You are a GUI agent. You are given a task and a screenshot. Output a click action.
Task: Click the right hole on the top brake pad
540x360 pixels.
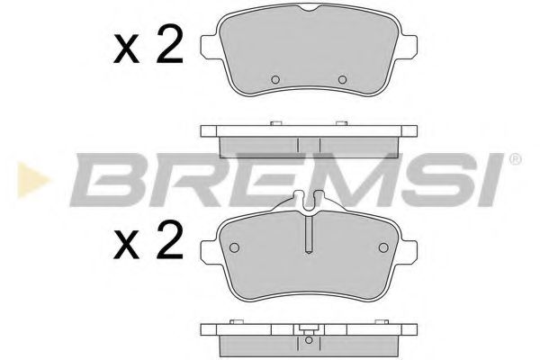point(341,79)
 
